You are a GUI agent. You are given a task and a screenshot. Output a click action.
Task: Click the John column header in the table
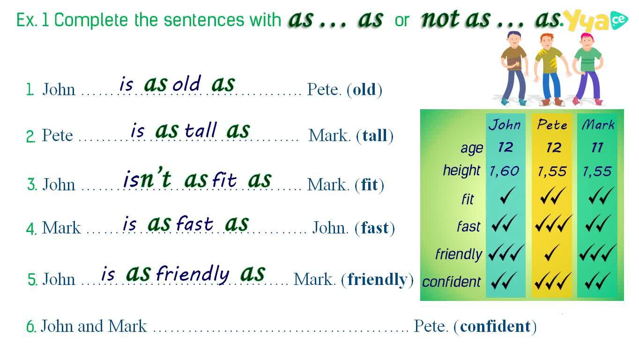coord(505,125)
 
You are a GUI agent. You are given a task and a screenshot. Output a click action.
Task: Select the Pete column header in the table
coord(552,125)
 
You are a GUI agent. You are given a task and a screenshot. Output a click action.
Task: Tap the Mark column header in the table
coord(598,125)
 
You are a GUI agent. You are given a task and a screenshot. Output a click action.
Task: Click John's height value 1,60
coord(504,171)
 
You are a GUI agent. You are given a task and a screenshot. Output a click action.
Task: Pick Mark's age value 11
coord(597,148)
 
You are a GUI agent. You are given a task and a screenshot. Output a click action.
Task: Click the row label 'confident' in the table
coord(451,282)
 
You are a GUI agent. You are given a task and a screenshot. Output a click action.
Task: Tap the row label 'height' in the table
coord(461,171)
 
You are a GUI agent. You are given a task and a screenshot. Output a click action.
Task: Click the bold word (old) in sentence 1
coord(364,90)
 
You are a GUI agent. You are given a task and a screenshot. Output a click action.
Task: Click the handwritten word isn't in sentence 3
coord(147,178)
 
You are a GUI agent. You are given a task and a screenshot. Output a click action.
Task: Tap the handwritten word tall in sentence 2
coord(201,130)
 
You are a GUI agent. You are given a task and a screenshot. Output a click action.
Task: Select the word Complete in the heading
coord(91,20)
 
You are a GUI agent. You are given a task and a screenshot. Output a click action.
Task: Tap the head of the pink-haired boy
coord(587,41)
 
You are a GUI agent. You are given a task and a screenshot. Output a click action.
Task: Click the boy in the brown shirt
coord(514,68)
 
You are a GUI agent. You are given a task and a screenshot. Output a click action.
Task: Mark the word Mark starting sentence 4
coord(61,228)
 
